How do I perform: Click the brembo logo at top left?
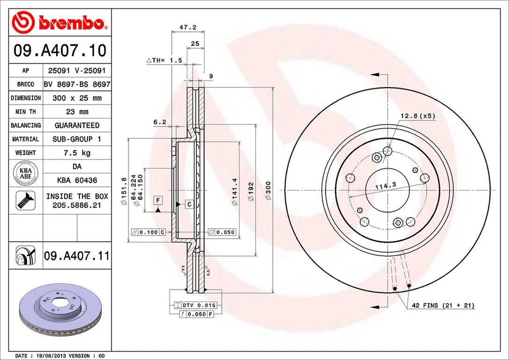pos(59,22)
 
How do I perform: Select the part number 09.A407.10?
pos(59,51)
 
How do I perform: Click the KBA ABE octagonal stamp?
pos(25,173)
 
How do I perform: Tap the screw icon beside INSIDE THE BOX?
pos(25,200)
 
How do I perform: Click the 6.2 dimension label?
pos(160,122)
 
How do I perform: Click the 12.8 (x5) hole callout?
pos(417,116)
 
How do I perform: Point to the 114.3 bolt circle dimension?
pos(386,186)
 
